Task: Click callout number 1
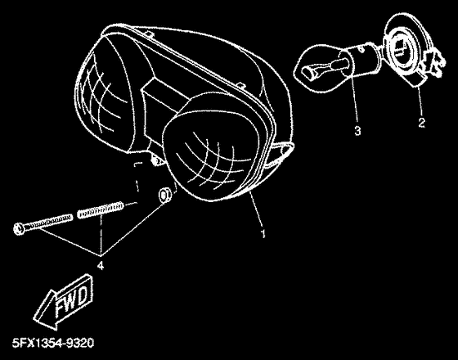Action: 263,234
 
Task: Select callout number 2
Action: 421,123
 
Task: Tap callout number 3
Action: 357,130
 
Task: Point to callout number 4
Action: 100,266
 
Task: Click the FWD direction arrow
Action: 65,301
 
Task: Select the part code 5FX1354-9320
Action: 53,343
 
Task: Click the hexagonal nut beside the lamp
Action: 165,196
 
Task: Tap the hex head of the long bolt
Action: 18,228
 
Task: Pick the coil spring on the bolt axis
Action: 100,209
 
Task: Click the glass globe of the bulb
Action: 318,69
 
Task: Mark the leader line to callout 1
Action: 256,208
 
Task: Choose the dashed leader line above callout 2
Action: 420,100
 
